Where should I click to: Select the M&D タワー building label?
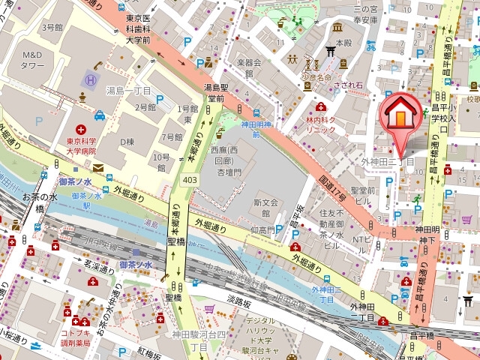33,60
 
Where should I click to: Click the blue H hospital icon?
90,79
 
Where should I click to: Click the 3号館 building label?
52,27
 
